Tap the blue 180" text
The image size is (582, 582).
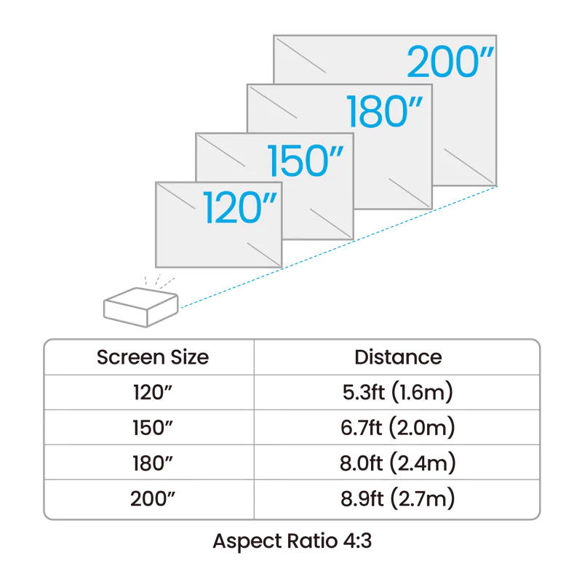click(385, 112)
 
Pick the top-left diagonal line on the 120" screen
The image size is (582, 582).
click(173, 195)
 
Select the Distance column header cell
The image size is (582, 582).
click(397, 357)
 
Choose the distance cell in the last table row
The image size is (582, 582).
click(397, 499)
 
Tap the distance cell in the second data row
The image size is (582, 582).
click(397, 428)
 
